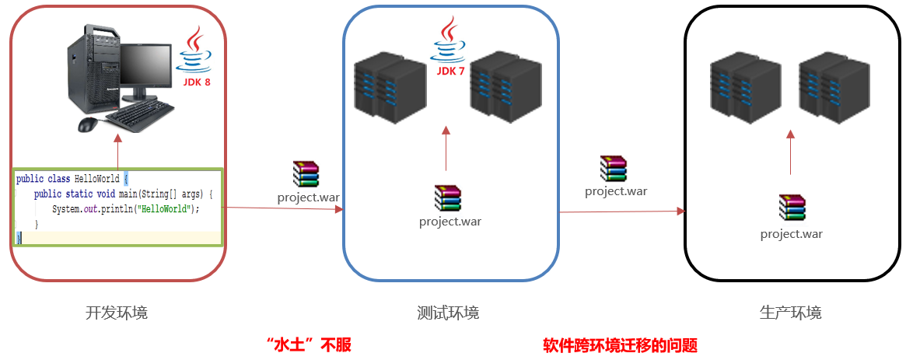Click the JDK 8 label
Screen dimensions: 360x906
tap(197, 82)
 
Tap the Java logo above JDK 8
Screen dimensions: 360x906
tap(194, 51)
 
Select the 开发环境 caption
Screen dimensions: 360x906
tap(117, 313)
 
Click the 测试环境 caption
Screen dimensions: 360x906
tap(448, 313)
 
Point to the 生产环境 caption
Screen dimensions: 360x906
tap(790, 313)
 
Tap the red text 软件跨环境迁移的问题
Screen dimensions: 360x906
tap(620, 345)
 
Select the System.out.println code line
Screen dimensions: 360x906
tap(126, 209)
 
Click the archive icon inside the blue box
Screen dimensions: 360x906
tap(448, 198)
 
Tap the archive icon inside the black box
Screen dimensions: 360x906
tap(792, 208)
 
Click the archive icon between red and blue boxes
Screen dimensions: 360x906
tap(306, 174)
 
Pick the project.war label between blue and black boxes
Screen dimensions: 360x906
tap(616, 191)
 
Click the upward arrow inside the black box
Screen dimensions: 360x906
tap(791, 152)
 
